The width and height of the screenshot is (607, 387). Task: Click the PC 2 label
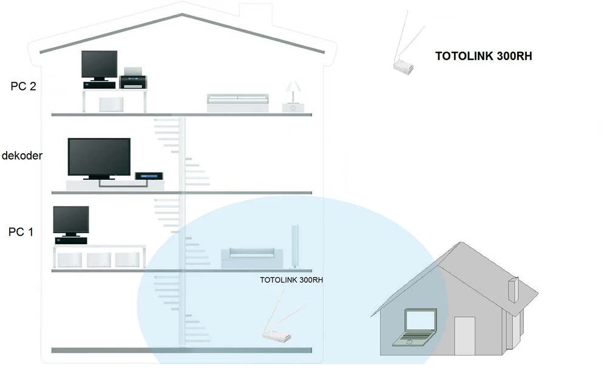[x=24, y=86]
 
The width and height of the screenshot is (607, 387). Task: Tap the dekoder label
[x=22, y=156]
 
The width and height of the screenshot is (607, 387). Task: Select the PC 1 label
[x=21, y=231]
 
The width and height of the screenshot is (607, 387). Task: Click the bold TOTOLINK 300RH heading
[x=484, y=57]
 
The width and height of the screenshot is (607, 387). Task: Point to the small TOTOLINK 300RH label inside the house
[x=291, y=281]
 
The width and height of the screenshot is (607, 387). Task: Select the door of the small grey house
[x=464, y=335]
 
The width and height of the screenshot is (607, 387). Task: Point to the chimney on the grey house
[x=513, y=289]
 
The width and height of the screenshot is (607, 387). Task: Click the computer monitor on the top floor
[x=99, y=64]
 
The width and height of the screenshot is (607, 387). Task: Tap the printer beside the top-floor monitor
[x=133, y=79]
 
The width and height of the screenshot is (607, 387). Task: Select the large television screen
[x=99, y=157]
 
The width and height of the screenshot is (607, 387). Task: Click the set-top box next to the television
[x=149, y=176]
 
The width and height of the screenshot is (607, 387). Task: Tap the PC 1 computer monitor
[x=70, y=220]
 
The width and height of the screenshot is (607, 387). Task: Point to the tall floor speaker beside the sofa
[x=296, y=247]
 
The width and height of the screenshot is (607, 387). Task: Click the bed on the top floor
[x=237, y=102]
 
